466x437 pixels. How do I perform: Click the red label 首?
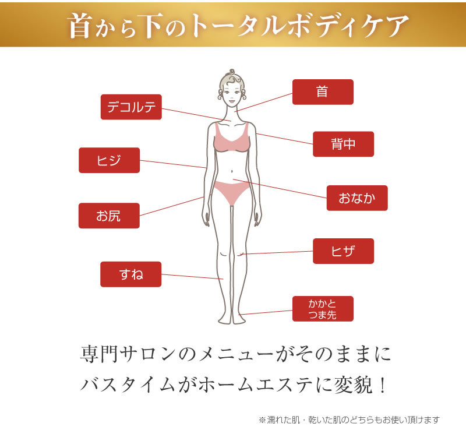coord(323,92)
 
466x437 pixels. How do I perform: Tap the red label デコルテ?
coord(131,107)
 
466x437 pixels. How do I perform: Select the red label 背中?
coord(343,144)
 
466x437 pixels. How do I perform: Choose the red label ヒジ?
coord(109,160)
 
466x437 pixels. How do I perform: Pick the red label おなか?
coord(357,198)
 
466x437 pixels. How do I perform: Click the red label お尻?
coord(109,216)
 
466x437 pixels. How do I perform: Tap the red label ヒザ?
coord(343,251)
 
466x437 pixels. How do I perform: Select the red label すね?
coord(130,274)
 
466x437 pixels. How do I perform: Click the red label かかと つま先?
coord(323,309)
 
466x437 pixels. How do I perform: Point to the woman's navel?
coord(232,171)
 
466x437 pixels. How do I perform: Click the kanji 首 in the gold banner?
coord(80,26)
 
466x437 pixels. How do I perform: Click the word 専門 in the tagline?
coord(99,354)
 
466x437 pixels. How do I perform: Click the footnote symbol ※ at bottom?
coord(262,420)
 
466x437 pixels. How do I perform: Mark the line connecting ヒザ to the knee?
coord(277,253)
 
